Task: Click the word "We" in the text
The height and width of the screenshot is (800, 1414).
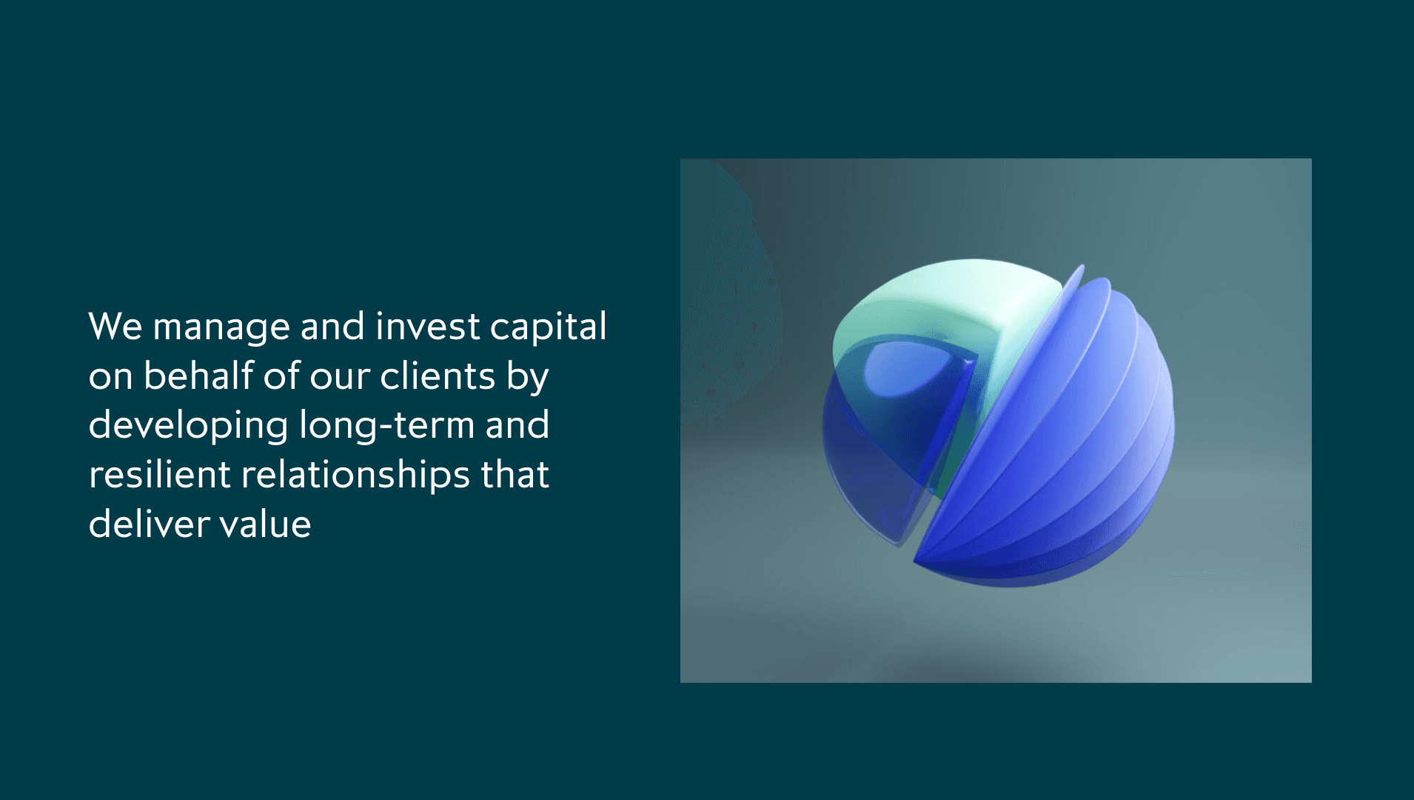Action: pos(115,327)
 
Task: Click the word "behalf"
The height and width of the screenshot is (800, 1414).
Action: pos(198,376)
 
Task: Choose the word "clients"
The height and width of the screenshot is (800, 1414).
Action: pos(437,376)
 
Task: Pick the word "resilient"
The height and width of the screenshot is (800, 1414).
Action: pos(159,475)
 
